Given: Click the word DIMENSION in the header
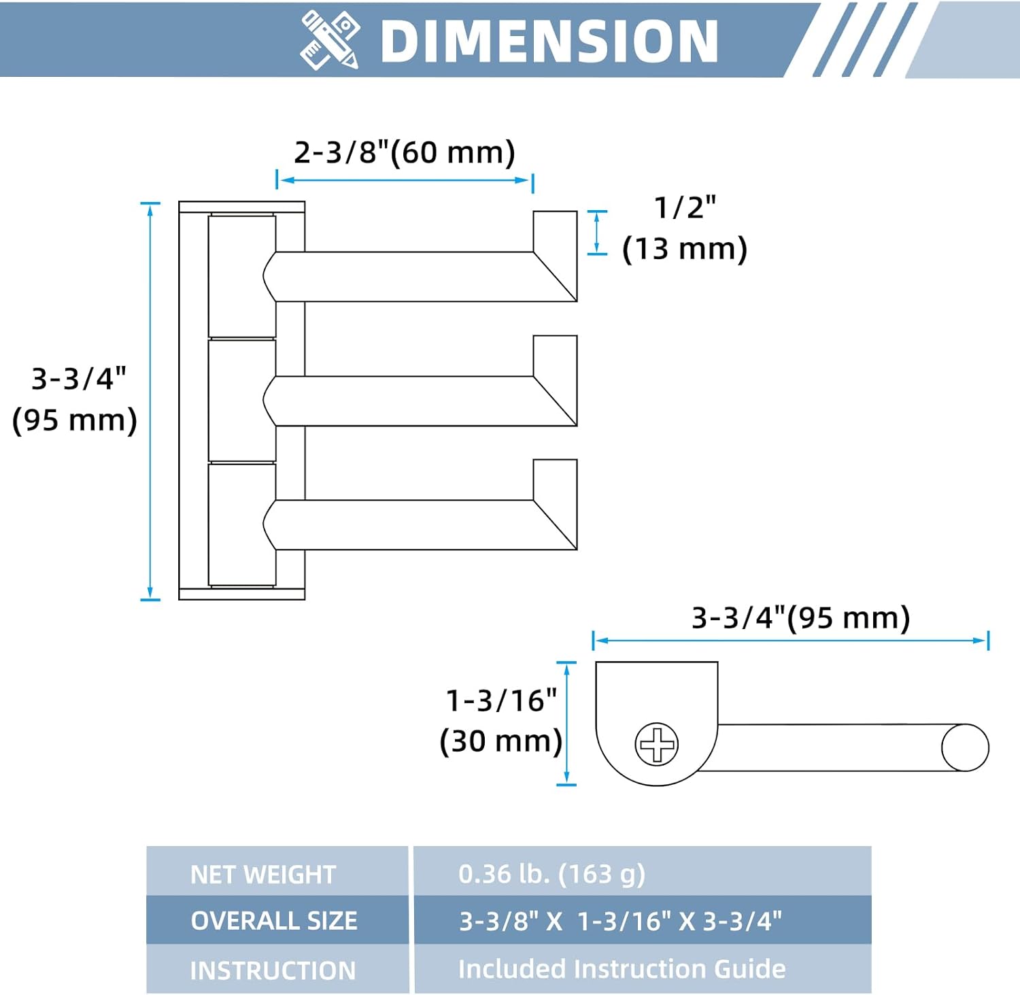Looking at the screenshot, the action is (549, 41).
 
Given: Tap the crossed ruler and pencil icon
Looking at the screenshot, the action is (330, 40).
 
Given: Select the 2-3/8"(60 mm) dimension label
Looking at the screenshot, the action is (405, 152).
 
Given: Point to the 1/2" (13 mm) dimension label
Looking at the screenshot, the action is (685, 229).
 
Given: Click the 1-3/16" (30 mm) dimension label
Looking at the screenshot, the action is (501, 721).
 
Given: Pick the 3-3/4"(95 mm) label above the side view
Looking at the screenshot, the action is (800, 618).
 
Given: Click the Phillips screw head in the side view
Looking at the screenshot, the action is (657, 743).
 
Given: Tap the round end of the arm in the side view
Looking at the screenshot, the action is (965, 747).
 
